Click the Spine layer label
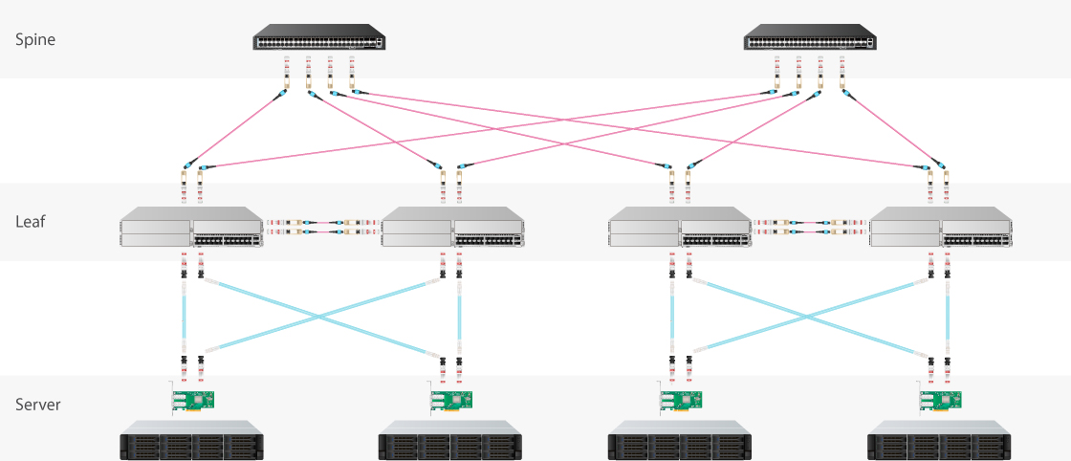click(35, 40)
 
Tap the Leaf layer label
click(31, 222)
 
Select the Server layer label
click(38, 405)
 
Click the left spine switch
click(320, 41)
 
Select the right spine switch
click(810, 41)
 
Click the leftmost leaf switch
click(191, 232)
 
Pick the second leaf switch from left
click(452, 232)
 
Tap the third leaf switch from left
click(680, 232)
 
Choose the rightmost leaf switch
click(940, 232)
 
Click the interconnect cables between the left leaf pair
click(322, 226)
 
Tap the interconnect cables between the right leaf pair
click(811, 226)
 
